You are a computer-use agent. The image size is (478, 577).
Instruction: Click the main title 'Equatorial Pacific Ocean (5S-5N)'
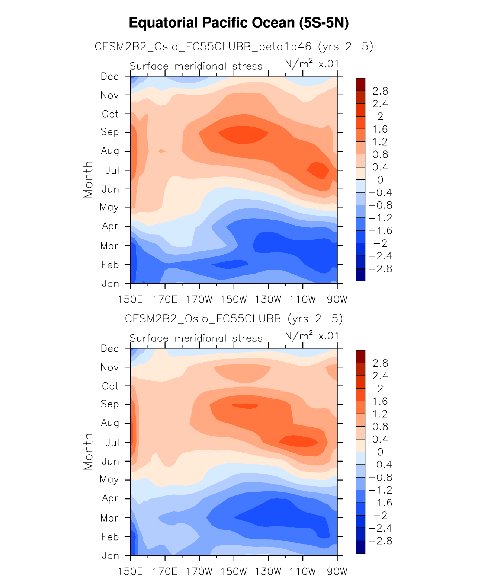click(x=239, y=23)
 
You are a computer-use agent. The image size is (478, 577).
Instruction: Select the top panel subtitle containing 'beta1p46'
click(x=234, y=47)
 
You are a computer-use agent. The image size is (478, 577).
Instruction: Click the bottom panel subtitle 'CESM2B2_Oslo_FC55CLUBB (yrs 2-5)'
click(x=234, y=319)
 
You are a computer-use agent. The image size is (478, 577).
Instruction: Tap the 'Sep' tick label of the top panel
click(x=110, y=132)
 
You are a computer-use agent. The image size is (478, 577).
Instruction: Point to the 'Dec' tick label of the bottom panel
click(x=110, y=349)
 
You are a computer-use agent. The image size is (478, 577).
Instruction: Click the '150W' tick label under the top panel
click(x=234, y=299)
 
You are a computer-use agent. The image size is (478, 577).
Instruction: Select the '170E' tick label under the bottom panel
click(x=165, y=571)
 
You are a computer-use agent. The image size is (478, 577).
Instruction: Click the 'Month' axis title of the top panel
click(x=88, y=179)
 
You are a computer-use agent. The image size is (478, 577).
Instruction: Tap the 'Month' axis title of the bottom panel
click(x=88, y=452)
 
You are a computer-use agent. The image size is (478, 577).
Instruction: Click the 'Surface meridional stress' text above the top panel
click(x=196, y=67)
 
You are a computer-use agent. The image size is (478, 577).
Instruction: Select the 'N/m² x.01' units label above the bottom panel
click(x=312, y=337)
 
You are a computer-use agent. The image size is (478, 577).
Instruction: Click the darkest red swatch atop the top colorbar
click(x=360, y=85)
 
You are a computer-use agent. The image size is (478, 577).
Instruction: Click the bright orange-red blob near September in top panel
click(x=243, y=134)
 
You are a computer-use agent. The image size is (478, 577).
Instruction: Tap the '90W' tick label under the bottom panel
click(x=337, y=571)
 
